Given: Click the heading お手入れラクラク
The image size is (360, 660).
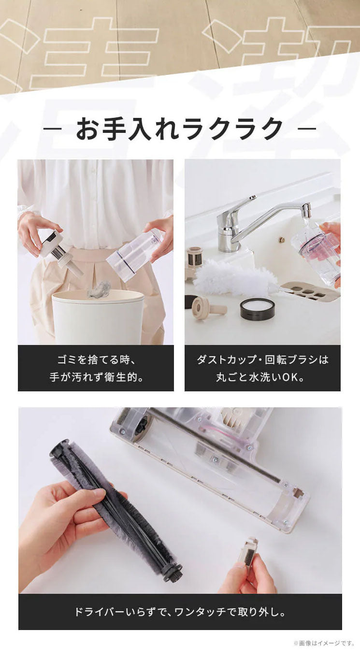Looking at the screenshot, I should (180, 129).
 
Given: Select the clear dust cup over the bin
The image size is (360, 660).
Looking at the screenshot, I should (134, 255).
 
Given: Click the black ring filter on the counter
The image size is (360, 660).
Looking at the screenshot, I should (257, 308).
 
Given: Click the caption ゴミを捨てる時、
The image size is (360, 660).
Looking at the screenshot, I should (96, 360).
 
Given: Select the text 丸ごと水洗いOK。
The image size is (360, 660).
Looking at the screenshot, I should (262, 377).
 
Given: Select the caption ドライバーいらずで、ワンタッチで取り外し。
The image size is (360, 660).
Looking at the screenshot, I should (180, 612).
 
